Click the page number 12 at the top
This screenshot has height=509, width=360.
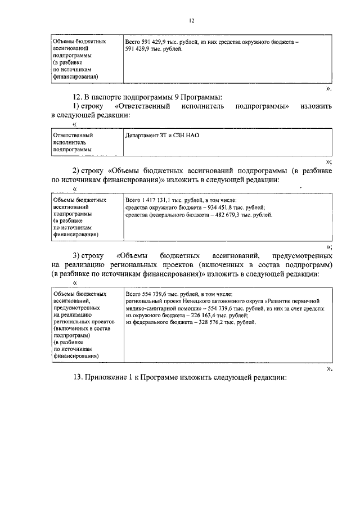point(191,20)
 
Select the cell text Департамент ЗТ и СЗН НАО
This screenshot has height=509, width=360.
point(163,136)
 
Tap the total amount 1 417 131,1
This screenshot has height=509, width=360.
point(159,200)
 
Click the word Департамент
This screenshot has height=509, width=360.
point(143,136)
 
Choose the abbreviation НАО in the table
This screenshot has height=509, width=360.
point(192,136)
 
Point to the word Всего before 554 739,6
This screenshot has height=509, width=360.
point(133,294)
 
